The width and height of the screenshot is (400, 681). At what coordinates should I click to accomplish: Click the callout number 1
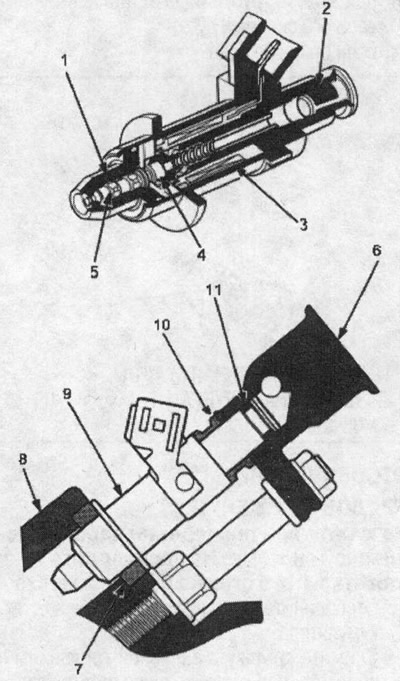coord(65,62)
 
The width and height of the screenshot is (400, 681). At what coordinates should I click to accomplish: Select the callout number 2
coord(326,10)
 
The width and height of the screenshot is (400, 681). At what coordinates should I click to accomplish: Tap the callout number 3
coord(303,225)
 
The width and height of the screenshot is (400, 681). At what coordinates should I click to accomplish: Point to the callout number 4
coord(201,255)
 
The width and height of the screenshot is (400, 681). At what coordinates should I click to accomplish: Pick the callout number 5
coord(95,271)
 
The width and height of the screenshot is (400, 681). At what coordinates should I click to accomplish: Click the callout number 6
coord(377,252)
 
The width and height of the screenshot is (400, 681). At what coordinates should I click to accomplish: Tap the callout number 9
coord(67,395)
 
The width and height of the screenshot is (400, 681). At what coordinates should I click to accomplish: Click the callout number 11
coord(213,290)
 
